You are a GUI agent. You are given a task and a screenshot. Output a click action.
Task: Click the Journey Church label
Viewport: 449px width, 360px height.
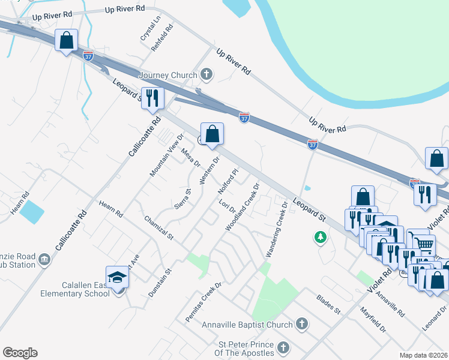167,75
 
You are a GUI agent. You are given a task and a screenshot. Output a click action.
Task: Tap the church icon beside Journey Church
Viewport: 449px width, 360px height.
206,75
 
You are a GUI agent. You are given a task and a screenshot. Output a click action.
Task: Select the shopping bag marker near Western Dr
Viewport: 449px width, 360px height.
212,134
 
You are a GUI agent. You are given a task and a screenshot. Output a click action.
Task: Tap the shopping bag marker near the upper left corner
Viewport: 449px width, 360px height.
66,41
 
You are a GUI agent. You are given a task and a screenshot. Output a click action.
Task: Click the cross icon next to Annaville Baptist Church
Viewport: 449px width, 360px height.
301,325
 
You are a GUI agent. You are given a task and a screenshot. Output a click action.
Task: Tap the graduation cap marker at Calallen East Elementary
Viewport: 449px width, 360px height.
117,277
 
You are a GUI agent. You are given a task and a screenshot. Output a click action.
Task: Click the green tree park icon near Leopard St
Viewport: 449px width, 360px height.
321,238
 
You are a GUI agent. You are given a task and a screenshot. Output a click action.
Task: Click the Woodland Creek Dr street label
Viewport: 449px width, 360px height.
242,208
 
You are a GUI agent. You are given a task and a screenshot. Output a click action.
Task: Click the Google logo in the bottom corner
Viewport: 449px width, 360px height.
20,353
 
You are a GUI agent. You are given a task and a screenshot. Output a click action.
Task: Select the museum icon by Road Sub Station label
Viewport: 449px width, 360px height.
44,259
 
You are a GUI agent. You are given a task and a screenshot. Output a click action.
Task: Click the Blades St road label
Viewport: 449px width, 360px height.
328,304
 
